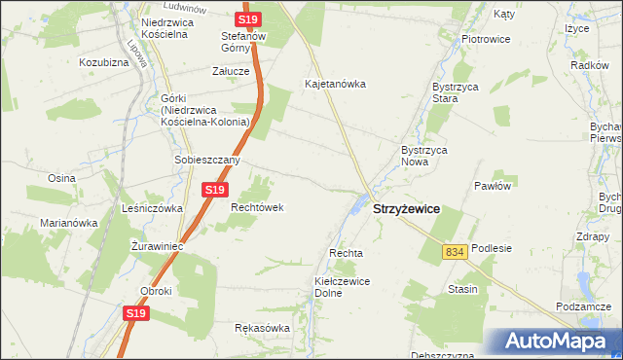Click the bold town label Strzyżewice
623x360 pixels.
coord(407,209)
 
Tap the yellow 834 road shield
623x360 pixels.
coord(455,251)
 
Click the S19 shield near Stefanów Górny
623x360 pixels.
coord(248,19)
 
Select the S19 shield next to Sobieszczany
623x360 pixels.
coord(215,190)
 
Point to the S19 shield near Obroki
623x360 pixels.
coord(137,313)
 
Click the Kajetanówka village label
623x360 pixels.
coord(335,84)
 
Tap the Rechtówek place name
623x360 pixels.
coord(256,207)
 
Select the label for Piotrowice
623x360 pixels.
coord(486,39)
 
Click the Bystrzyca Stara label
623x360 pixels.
coord(433,92)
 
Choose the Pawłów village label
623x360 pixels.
coord(493,185)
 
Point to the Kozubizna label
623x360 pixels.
coord(104,61)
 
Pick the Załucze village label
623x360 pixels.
coord(232,71)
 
